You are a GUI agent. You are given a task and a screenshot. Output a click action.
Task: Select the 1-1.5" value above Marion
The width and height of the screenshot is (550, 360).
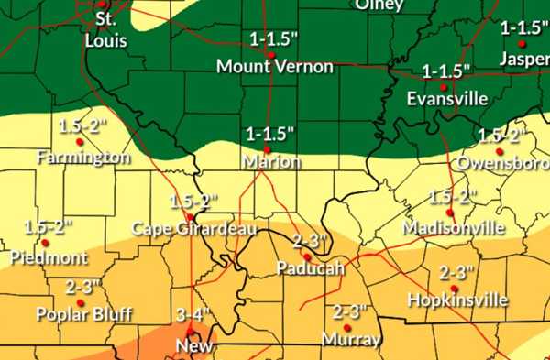coord(271,134)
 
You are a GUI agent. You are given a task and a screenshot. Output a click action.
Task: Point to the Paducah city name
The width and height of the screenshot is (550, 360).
coord(311,268)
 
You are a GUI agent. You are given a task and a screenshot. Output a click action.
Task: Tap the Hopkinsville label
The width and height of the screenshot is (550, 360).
coord(456,300)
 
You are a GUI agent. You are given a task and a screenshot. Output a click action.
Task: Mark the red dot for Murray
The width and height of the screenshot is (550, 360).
coord(347,327)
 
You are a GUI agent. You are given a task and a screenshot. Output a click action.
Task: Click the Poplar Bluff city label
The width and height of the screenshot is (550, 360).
coord(83,314)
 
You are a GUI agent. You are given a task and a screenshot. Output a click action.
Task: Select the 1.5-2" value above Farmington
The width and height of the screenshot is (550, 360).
coord(80,125)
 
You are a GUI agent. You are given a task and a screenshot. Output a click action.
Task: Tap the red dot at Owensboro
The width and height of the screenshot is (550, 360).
coord(500,152)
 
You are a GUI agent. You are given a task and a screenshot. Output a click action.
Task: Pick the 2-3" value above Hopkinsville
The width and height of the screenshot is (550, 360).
coord(456,273)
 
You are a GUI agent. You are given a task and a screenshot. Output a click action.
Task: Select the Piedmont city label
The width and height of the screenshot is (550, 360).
coord(49,257)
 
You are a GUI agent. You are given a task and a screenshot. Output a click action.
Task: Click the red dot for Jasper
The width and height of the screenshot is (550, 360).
coord(522,43)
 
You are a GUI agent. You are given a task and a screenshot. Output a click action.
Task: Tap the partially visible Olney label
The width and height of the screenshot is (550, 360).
coord(379,5)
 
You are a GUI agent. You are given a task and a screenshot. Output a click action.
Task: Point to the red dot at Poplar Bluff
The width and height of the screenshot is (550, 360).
coord(80,302)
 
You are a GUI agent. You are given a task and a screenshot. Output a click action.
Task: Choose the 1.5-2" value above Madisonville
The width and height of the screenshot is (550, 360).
coord(453,197)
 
